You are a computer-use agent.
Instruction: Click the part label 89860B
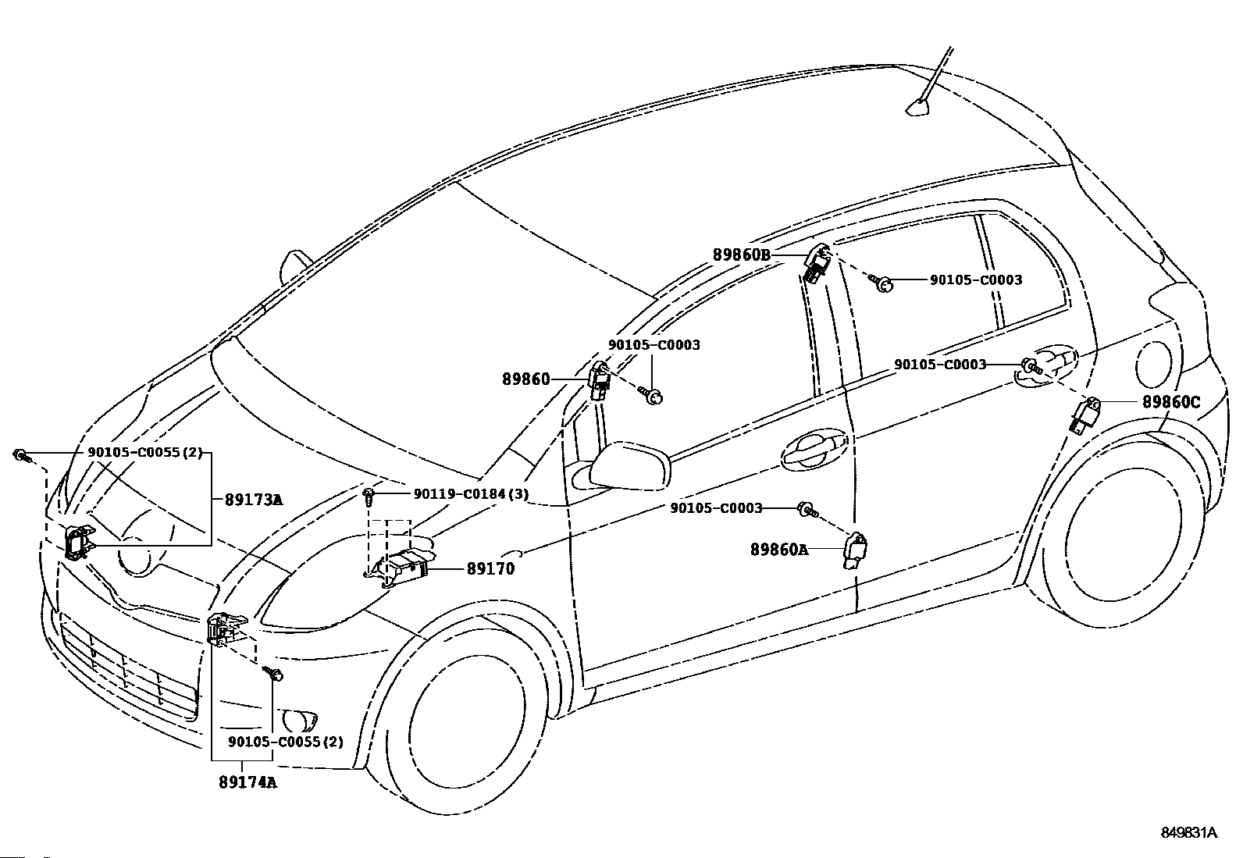(742, 255)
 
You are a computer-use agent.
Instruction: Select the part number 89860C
(1171, 402)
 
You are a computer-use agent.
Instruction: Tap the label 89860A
(779, 550)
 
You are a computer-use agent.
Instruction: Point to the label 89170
(490, 569)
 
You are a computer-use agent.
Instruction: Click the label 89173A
(254, 500)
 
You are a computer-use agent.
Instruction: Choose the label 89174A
(248, 782)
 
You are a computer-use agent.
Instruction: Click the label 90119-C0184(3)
(471, 493)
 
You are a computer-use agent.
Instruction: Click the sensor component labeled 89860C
(1083, 415)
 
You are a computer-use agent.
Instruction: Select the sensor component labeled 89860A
(855, 550)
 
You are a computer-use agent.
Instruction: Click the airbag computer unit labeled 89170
(401, 564)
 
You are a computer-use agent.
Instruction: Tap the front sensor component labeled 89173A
(80, 540)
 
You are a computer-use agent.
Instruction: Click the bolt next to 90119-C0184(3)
(369, 497)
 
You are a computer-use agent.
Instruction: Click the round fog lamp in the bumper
(300, 721)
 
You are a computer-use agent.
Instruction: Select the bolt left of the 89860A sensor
(807, 509)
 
